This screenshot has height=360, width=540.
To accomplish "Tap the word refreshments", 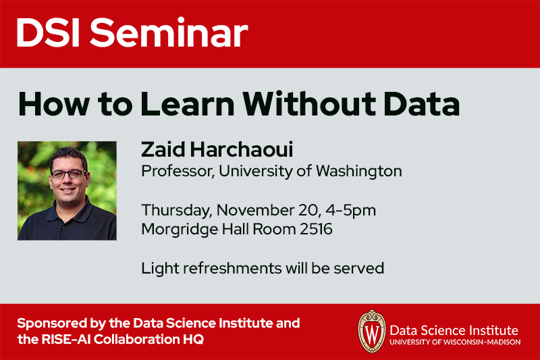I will click(x=232, y=268).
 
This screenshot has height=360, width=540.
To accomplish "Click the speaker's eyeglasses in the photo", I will click(x=68, y=174).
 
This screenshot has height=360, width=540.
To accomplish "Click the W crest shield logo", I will click(x=371, y=332).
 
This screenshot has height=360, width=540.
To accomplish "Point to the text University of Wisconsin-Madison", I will click(x=455, y=342).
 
